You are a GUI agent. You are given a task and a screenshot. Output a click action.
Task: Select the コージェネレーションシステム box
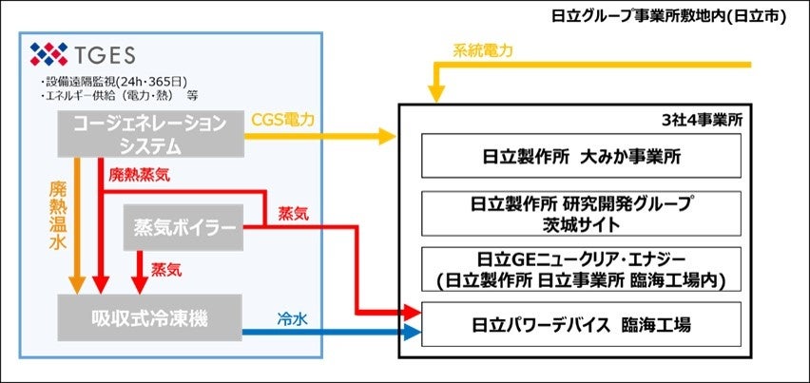pos(150,133)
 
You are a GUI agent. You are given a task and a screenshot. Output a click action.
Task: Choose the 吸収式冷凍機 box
pos(150,316)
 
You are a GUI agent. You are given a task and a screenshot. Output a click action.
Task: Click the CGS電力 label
pos(282,120)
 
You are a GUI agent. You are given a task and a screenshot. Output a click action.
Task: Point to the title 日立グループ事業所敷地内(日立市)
pos(670,16)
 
